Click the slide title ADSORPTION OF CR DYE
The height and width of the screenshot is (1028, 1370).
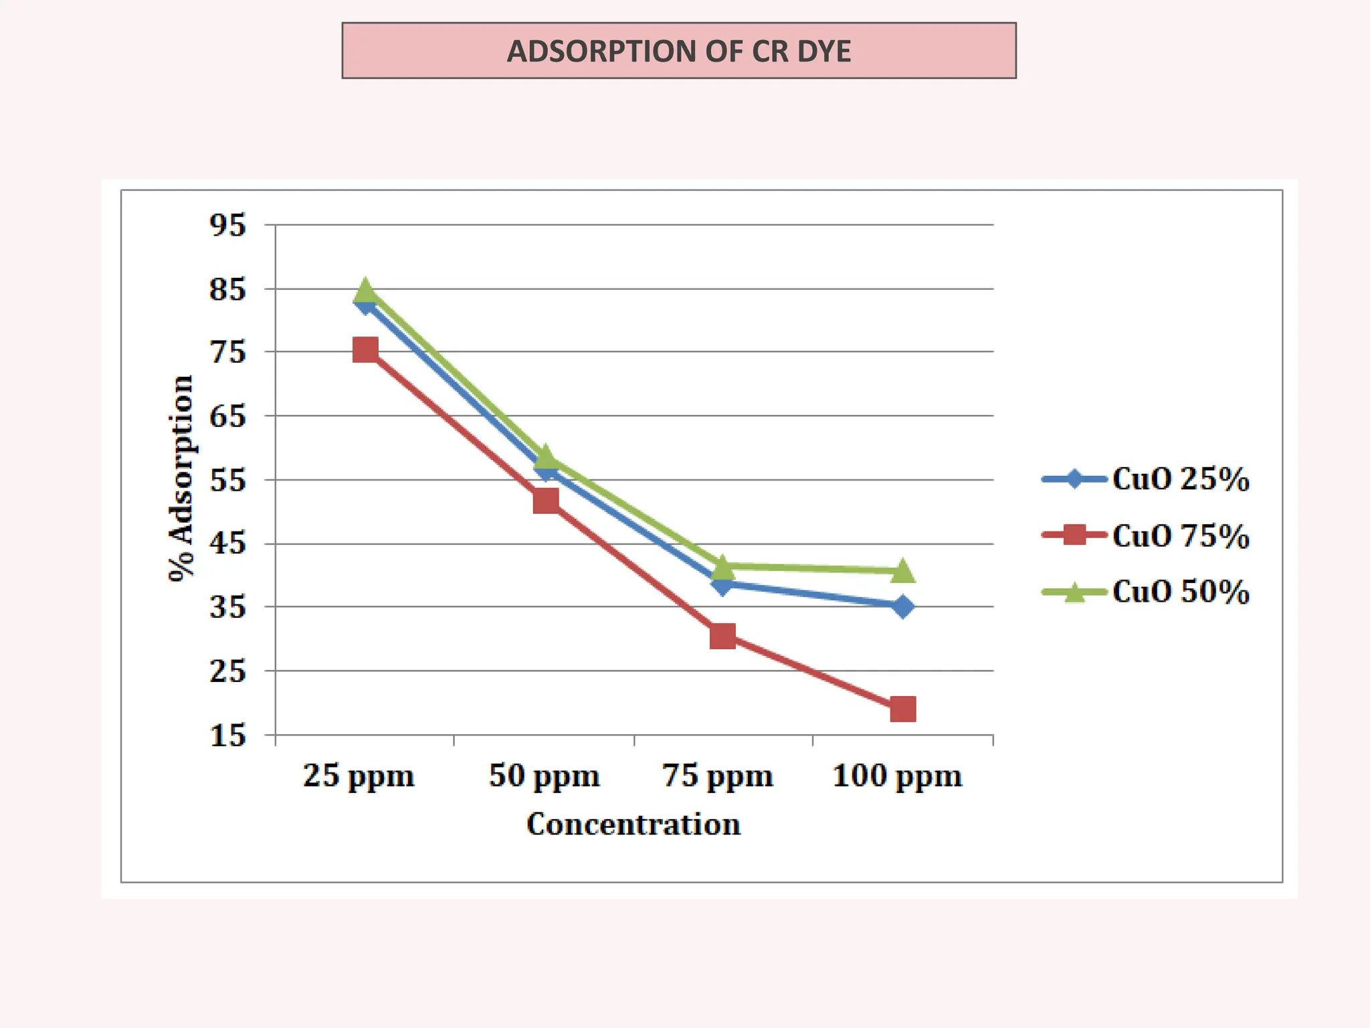tap(678, 51)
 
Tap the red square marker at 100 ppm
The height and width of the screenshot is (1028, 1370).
tap(902, 709)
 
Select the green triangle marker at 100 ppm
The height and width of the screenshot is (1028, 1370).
tap(902, 571)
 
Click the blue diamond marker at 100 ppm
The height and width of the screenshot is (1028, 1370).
tap(902, 607)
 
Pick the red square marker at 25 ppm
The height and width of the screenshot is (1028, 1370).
tap(365, 349)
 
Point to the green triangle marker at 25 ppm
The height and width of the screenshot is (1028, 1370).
tap(365, 290)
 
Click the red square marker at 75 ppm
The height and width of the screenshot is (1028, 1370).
tap(722, 636)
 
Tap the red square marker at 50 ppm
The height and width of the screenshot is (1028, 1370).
tap(546, 501)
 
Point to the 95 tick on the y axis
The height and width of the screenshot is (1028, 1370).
tap(227, 225)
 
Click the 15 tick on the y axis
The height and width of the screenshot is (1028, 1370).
tap(227, 736)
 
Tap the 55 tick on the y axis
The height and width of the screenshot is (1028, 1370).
tap(227, 480)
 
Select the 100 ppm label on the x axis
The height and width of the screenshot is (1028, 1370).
tap(897, 776)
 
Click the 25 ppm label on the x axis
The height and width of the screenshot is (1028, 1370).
tap(359, 776)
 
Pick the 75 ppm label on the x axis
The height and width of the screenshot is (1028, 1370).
tap(718, 776)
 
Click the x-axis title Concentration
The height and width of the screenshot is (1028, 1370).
tap(633, 824)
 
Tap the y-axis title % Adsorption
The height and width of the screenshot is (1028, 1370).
tap(181, 479)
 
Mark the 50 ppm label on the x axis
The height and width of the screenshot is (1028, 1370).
tap(544, 776)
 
